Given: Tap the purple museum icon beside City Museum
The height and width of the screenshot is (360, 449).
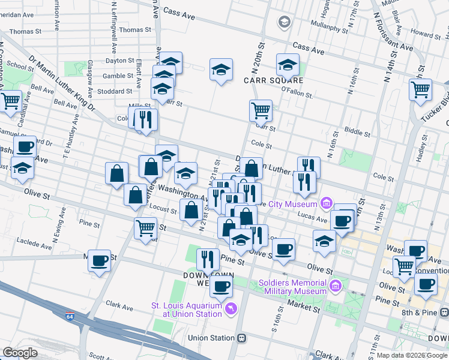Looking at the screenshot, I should tap(326, 203).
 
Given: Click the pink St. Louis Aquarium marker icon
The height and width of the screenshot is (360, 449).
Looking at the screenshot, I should tap(230, 309).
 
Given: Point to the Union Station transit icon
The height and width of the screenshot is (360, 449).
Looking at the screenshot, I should tap(242, 338).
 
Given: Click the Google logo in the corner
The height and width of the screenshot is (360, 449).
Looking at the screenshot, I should tap(19, 353).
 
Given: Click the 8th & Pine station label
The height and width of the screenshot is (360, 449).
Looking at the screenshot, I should tap(425, 313).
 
